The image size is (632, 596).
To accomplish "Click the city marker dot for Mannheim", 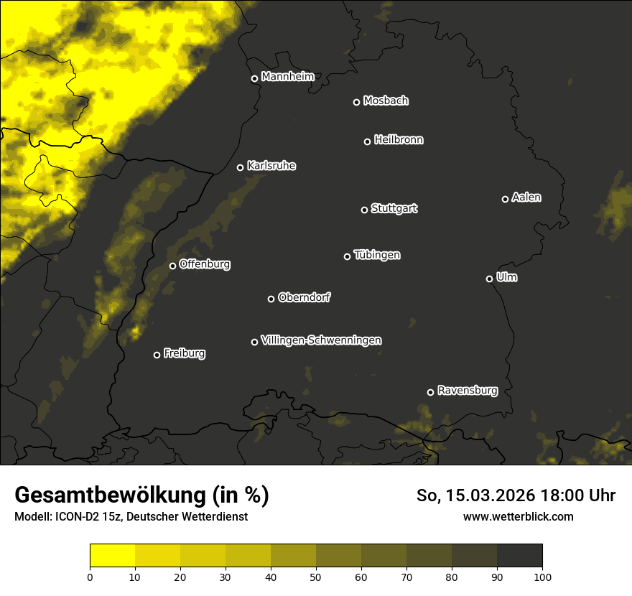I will [254, 79].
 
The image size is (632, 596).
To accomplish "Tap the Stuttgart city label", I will [394, 208].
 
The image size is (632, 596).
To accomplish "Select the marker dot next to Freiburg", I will [157, 355].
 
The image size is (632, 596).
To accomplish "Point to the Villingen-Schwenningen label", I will [322, 340].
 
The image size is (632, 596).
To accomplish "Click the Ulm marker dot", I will [489, 279].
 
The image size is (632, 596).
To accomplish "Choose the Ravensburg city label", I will [468, 391].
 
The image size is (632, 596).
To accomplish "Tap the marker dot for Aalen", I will [505, 199].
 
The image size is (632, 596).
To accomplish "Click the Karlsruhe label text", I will [271, 166].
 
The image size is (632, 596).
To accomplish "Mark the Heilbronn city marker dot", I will [367, 141].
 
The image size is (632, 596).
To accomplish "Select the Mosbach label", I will [386, 101].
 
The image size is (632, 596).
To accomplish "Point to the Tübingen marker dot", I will [347, 256].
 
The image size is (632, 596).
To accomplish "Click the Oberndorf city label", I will [305, 297].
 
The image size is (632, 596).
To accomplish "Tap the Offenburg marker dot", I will [172, 266].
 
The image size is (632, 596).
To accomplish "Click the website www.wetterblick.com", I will [519, 516].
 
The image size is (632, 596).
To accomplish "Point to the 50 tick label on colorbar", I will [316, 576].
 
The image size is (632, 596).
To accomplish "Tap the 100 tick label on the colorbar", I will [542, 576].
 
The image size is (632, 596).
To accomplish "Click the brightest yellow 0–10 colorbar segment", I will [112, 556].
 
